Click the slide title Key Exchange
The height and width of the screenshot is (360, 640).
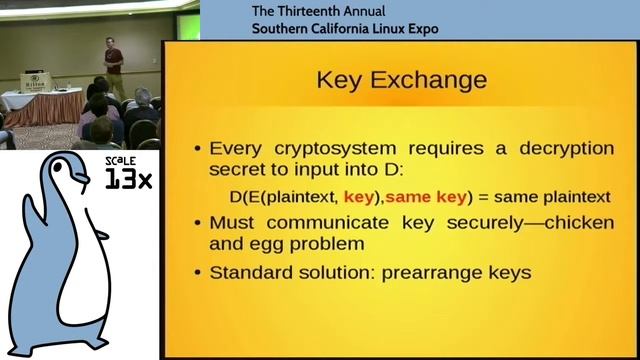[401, 79]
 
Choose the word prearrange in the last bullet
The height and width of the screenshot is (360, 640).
[442, 272]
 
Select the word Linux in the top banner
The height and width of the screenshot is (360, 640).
[385, 28]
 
